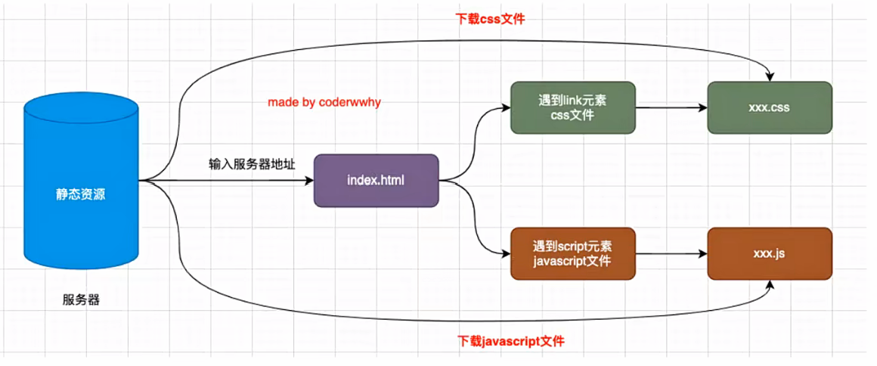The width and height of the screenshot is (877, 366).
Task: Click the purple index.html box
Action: coord(376,181)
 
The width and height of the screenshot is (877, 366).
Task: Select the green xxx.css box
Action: coord(770,108)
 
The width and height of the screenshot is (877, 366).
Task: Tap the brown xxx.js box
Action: coord(770,253)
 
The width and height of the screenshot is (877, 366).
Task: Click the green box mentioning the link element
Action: coord(573,108)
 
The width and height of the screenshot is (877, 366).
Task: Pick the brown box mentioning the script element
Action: coord(573,253)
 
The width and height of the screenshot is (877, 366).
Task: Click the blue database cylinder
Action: coord(81,184)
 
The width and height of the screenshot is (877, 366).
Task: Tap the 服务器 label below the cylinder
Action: coord(81,300)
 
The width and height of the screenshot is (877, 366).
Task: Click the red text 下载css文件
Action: coord(491,19)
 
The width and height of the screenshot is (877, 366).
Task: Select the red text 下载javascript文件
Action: coord(511,340)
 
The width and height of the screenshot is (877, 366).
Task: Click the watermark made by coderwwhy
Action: coord(324,103)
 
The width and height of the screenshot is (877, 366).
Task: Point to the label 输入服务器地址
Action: coord(252,164)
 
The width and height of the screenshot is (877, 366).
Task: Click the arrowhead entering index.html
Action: coord(309,181)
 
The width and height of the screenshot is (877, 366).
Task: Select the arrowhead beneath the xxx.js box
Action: coord(770,284)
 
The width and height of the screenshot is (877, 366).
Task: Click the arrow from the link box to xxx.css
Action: coord(671,108)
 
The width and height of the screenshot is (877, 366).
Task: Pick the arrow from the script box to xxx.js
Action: coord(671,253)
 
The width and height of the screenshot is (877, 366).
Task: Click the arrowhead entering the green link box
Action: coord(507,108)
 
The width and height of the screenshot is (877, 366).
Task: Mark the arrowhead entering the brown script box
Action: coord(507,253)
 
